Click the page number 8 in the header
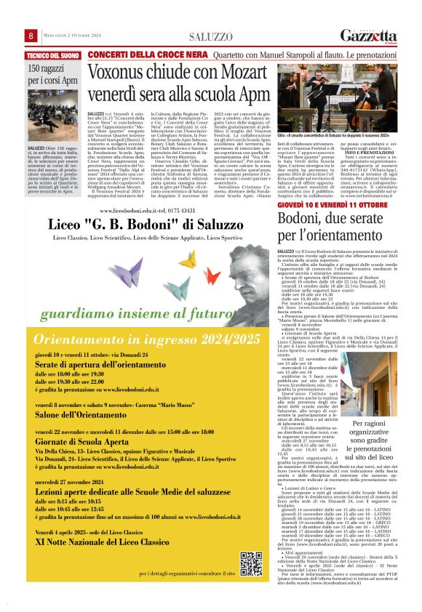tap(31, 36)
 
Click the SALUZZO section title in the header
tap(210, 36)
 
